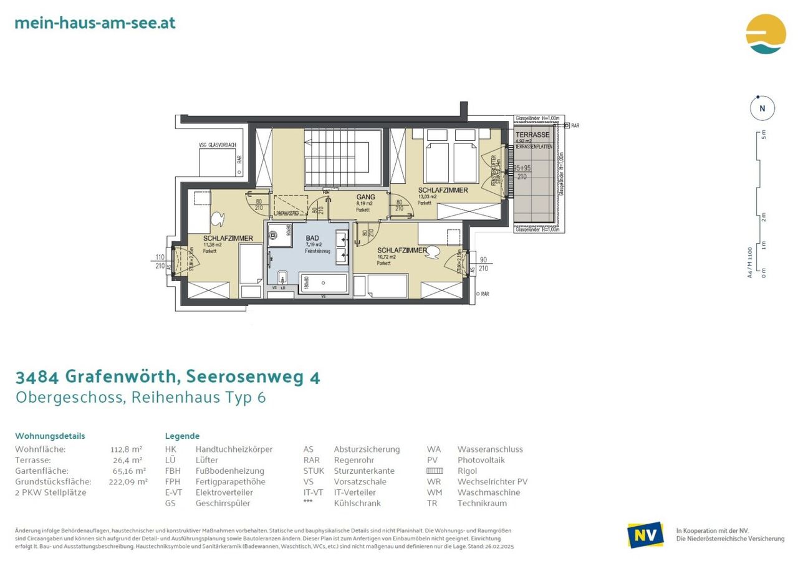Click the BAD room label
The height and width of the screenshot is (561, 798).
312,238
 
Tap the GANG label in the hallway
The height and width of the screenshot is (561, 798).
365,197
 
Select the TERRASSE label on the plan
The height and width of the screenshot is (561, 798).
532,135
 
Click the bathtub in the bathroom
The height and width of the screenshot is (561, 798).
323,282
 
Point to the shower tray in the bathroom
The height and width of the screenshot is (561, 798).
281,234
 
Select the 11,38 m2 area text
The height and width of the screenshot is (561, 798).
212,245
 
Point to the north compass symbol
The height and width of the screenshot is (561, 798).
762,108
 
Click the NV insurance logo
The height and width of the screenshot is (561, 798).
645,535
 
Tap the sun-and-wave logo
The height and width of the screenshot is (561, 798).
766,34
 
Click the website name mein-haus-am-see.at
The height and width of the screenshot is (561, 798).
95,23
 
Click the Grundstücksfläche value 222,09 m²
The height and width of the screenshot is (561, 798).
128,482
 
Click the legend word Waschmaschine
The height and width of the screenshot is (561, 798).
489,492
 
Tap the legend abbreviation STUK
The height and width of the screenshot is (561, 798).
314,471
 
